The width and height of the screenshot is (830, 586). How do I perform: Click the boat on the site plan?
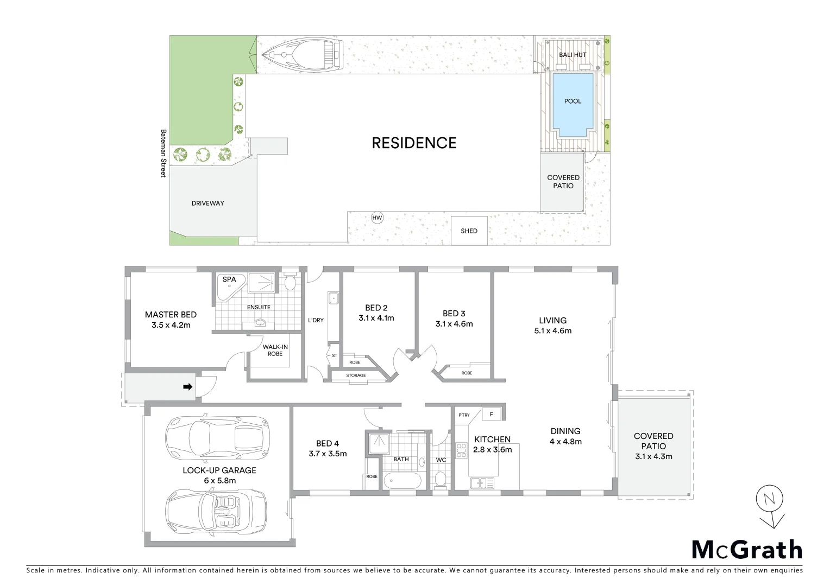click(x=302, y=55)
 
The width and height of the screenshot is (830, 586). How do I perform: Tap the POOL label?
click(x=573, y=101)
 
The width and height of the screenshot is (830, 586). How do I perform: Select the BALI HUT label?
click(x=573, y=55)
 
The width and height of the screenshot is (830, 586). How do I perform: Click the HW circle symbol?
click(x=377, y=218)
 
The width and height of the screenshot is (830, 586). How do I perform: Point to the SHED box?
click(x=469, y=231)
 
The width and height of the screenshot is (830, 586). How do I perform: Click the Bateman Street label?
click(x=162, y=153)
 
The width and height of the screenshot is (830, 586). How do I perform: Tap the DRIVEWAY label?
click(x=207, y=203)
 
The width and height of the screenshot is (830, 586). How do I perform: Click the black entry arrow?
click(x=187, y=387)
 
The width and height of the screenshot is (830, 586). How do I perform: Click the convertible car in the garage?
click(x=217, y=510)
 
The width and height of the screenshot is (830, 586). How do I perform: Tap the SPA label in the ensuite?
click(x=229, y=279)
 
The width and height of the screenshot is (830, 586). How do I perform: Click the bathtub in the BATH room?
click(x=402, y=481)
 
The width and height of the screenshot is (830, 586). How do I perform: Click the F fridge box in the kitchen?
click(x=492, y=414)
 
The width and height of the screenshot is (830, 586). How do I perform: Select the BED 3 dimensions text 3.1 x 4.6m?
click(x=454, y=324)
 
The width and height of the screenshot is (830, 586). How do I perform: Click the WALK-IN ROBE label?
click(x=275, y=350)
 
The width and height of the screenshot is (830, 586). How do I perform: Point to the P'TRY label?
click(x=464, y=415)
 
